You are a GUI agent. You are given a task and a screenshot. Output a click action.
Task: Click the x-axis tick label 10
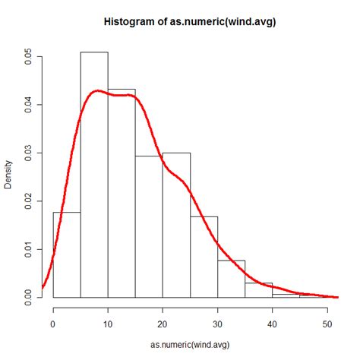click(108, 323)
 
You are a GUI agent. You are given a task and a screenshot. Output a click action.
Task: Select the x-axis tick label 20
click(163, 323)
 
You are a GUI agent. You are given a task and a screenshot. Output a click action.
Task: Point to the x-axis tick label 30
click(217, 323)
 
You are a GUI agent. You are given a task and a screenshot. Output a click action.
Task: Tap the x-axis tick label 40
click(272, 323)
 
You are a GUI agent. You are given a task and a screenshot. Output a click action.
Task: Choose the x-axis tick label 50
click(327, 323)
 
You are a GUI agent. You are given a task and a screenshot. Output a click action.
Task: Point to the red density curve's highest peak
click(97, 90)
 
